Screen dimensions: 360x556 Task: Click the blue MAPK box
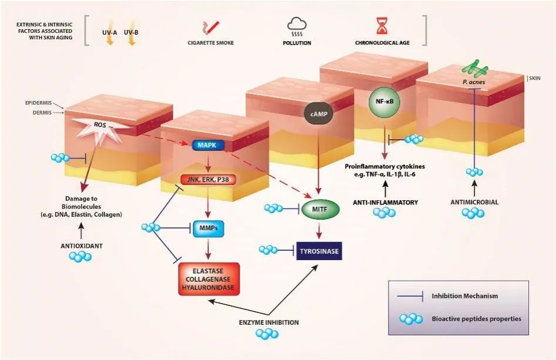point(207,145)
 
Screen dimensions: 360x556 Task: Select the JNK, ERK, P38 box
point(207,180)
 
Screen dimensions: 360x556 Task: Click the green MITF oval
point(316,207)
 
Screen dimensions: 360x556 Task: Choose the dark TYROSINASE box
point(318,251)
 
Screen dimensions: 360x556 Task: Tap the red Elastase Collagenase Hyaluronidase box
point(209,278)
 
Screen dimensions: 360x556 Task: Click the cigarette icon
point(211,26)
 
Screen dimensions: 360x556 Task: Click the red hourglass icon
point(381,25)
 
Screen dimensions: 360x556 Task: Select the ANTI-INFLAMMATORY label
point(385,202)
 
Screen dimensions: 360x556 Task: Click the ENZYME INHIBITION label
point(269,322)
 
